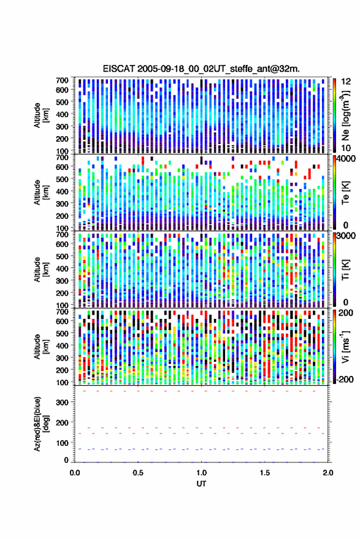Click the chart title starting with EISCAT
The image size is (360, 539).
201,69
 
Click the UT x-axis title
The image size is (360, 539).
201,484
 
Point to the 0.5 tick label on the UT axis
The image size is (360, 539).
138,473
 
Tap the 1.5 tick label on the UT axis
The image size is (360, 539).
265,473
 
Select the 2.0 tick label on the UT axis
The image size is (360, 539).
328,473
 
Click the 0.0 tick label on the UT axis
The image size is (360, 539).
75,473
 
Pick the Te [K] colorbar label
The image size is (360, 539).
345,193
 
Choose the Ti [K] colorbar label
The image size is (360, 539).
345,270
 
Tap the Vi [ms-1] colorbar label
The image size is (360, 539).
345,346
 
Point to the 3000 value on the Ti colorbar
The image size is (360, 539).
347,236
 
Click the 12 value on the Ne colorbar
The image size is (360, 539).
346,82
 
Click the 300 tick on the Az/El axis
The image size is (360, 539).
62,402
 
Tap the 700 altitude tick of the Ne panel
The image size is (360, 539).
62,80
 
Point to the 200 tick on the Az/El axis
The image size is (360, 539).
62,422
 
